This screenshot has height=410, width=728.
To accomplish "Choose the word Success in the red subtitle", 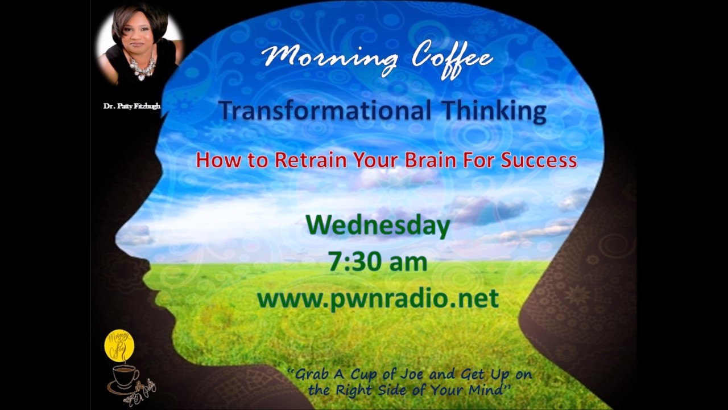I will click(x=539, y=160).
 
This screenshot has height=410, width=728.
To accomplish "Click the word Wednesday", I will click(x=378, y=225).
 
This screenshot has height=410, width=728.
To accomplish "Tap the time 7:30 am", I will click(x=378, y=262).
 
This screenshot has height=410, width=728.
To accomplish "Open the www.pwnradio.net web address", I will click(x=378, y=298).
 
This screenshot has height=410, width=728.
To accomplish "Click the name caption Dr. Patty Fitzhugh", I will click(x=131, y=106).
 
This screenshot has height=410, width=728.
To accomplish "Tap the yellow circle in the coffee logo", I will click(x=119, y=345).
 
